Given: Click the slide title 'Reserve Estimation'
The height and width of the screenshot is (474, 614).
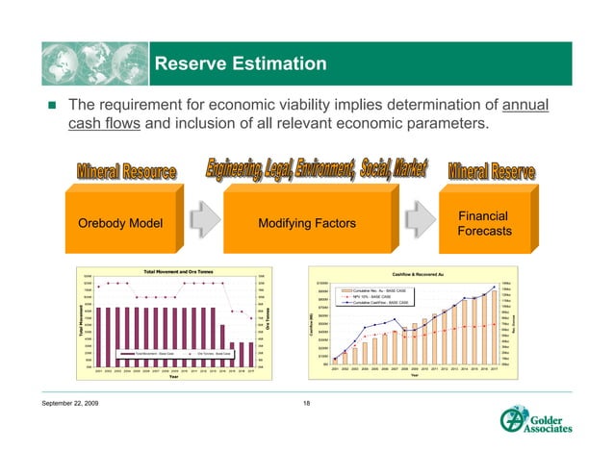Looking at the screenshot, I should [241, 64].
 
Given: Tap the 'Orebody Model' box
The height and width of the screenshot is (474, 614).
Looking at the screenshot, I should [119, 224].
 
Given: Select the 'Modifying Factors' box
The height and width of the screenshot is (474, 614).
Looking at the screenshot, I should [305, 224].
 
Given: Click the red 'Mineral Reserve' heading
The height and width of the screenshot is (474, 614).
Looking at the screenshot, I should [496, 172].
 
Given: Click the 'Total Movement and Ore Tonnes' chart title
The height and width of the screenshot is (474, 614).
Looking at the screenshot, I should [181, 272].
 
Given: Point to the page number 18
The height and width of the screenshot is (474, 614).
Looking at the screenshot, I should [307, 414].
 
